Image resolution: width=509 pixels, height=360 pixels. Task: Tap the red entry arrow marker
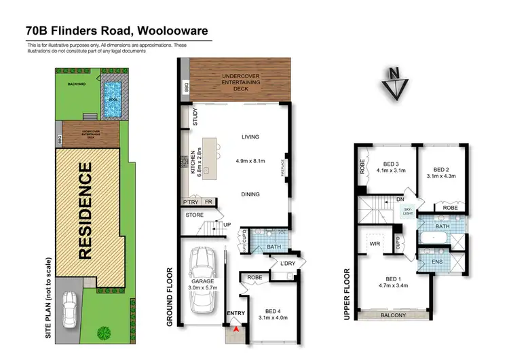click(x=235, y=329)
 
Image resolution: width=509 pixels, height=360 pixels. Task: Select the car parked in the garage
click(x=205, y=280)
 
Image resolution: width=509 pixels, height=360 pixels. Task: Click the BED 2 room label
click(x=442, y=170)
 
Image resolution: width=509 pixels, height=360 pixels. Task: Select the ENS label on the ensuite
click(x=437, y=262)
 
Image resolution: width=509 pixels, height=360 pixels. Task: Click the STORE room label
click(x=194, y=216)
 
